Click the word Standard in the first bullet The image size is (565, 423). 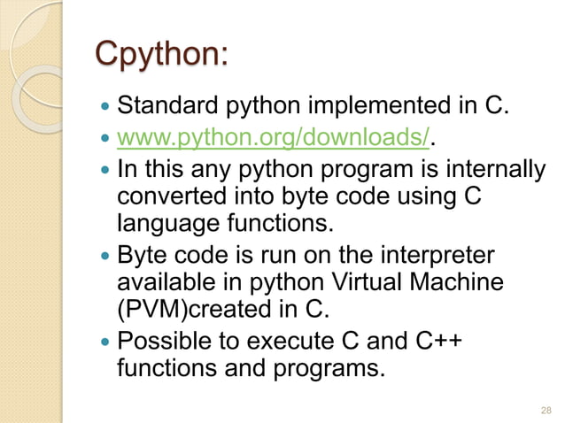click(159, 109)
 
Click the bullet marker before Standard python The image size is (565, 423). click(107, 110)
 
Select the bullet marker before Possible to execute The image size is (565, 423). click(107, 341)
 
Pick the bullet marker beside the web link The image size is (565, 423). click(107, 139)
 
